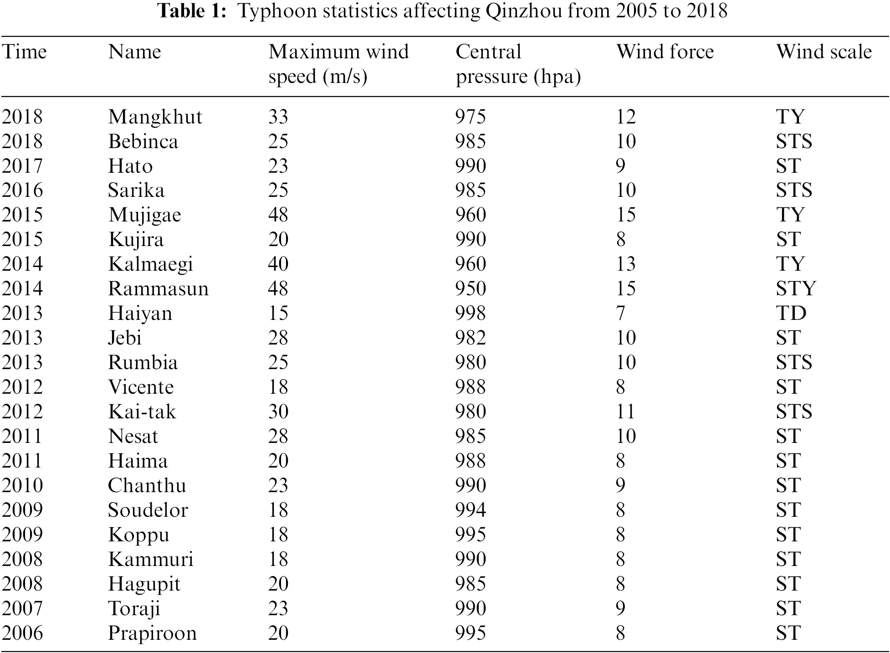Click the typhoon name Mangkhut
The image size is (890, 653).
[x=155, y=117]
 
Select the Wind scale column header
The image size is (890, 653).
[x=824, y=52]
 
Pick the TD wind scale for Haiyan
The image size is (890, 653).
[x=791, y=314]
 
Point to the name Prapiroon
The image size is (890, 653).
[x=152, y=633]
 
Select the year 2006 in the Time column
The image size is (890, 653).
[x=22, y=633]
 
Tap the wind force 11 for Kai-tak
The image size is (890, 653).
[x=625, y=412]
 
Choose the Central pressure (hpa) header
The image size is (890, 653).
[x=518, y=64]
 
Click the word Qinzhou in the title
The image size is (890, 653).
[x=524, y=11]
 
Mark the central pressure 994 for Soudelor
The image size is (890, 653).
[x=471, y=510]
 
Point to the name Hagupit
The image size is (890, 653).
[x=144, y=584]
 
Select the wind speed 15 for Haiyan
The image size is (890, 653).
[x=278, y=314]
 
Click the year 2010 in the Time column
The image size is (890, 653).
[x=22, y=486]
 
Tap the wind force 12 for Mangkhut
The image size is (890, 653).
[x=625, y=117]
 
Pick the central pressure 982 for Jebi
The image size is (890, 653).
[x=471, y=338]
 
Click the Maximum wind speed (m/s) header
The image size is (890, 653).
[x=338, y=64]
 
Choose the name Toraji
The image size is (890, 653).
[x=134, y=609]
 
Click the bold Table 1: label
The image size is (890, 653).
[x=191, y=11]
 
